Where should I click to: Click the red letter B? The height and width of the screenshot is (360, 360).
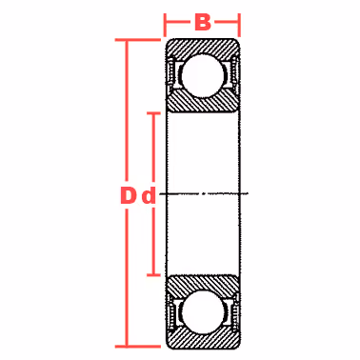pyautogui.click(x=203, y=23)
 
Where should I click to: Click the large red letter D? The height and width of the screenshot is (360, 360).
pyautogui.click(x=128, y=195)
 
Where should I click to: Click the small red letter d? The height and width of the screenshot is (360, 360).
pyautogui.click(x=149, y=196)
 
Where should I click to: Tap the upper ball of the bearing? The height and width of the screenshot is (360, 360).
pyautogui.click(x=203, y=75)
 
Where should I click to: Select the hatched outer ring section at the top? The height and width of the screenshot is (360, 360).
pyautogui.click(x=203, y=49)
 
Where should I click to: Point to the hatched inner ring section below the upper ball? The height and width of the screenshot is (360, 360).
pyautogui.click(x=203, y=101)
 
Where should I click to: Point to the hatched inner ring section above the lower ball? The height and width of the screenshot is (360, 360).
pyautogui.click(x=203, y=285)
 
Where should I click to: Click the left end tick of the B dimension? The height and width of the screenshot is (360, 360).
pyautogui.click(x=165, y=26)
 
